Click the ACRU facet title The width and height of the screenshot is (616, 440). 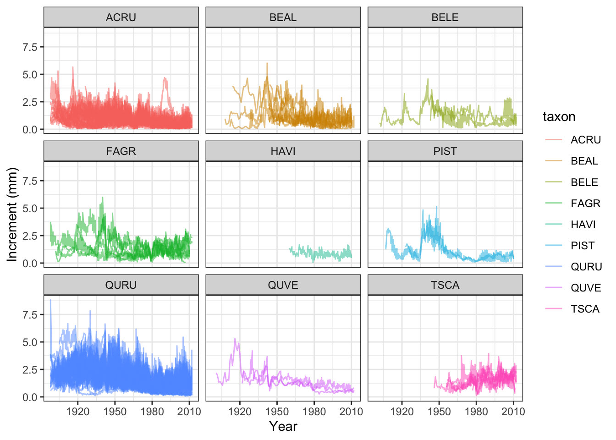[121, 17]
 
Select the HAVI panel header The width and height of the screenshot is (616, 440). [283, 151]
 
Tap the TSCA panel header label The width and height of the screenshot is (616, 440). [445, 285]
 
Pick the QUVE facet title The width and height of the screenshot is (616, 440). [283, 285]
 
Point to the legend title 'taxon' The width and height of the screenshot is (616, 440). [559, 116]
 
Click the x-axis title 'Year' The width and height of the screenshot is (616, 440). [283, 426]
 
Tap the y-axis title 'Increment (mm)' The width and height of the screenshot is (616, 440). [12, 214]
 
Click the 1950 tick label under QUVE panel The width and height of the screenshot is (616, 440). [277, 412]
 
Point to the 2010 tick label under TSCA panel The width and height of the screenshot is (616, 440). [513, 412]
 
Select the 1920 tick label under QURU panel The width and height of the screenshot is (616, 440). [78, 412]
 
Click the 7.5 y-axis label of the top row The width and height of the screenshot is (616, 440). [30, 47]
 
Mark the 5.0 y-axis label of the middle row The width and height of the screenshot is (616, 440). [30, 209]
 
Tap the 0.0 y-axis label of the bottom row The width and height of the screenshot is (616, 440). [30, 397]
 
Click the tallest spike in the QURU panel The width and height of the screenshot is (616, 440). [50, 300]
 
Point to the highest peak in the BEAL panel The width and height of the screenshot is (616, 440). [267, 64]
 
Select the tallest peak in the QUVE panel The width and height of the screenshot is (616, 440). [235, 339]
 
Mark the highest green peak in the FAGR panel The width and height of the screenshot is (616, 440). [103, 198]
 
